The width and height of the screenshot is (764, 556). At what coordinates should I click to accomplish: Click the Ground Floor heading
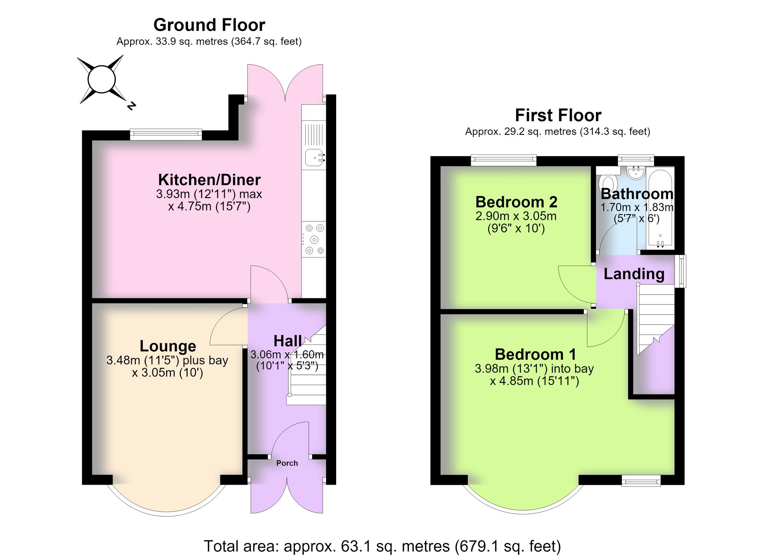coord(209,25)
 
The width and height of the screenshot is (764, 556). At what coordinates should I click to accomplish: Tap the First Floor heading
coord(558,115)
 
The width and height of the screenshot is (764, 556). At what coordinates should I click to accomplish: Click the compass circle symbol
coord(102,79)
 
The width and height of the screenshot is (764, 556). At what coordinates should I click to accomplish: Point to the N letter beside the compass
coord(131,105)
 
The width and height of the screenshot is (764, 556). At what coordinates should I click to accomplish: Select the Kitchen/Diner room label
coord(209,180)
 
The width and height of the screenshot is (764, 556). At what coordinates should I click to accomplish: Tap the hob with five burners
coord(314,239)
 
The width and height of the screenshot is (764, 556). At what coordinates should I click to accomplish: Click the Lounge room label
coord(168,346)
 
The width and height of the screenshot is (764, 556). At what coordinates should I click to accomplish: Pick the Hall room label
coord(288,341)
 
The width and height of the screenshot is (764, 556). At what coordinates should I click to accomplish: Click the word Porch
coord(287,463)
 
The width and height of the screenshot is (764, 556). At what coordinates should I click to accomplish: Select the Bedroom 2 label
coord(516,201)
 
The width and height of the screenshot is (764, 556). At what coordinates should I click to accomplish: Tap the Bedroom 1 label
coord(535,354)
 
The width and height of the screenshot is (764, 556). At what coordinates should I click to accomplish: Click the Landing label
coord(634,274)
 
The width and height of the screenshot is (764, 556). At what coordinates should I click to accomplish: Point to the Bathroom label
coord(637,194)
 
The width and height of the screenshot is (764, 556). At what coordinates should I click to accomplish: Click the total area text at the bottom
coord(382,546)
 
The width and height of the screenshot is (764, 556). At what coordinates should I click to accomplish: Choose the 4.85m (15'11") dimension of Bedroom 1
coord(534,381)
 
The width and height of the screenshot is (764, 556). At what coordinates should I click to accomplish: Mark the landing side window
coord(680,271)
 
